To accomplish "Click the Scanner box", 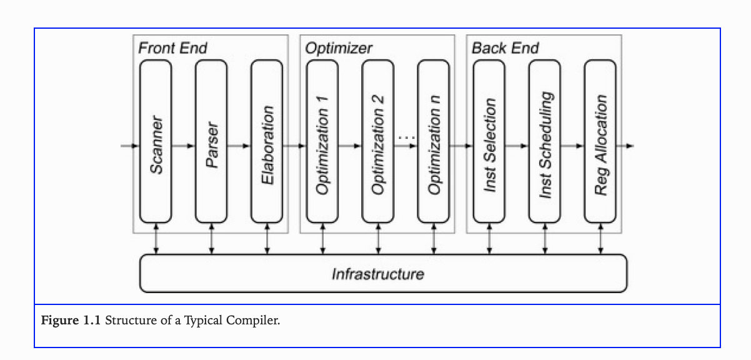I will [156, 142].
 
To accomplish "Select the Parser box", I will [211, 142].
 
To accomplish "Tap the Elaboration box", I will [267, 142].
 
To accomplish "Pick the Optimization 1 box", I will [322, 142].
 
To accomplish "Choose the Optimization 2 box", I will [377, 142].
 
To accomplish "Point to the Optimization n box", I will [434, 142].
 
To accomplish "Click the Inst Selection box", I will [489, 142].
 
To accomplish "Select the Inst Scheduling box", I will [545, 142].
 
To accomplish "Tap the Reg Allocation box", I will [600, 142].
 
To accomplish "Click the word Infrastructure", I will [378, 274].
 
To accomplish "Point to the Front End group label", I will [172, 48].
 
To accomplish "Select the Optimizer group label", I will [339, 48].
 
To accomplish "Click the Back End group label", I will [505, 48].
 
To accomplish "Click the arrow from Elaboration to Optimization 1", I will [294, 146].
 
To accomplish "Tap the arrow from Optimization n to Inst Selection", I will [461, 146].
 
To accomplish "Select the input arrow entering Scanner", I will [130, 146].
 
